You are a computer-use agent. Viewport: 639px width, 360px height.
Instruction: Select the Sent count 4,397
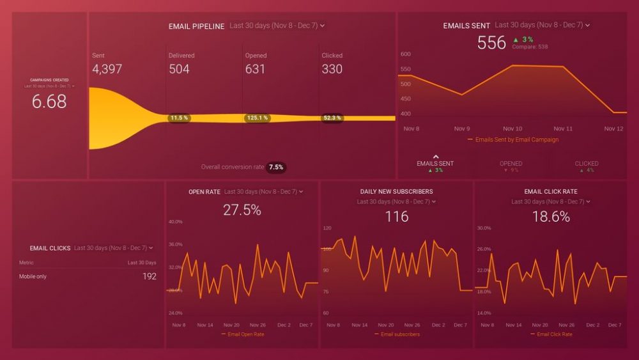[x=107, y=69]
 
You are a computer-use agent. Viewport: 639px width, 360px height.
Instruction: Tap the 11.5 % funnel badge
[x=179, y=118]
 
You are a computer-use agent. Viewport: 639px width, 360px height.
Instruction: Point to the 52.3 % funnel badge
[x=332, y=118]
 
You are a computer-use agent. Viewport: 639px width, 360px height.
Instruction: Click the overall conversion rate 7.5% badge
[x=276, y=168]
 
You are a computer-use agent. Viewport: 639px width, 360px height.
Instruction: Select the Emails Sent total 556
[x=491, y=43]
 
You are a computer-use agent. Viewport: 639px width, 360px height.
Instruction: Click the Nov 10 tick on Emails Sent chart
[x=512, y=129]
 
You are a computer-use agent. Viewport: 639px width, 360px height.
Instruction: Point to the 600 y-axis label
[x=405, y=54]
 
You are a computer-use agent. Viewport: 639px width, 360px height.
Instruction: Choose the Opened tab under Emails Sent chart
[x=511, y=164]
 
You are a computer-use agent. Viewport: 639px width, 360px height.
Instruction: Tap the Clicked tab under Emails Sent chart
[x=586, y=164]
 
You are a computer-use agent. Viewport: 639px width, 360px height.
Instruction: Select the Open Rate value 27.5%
[x=242, y=210]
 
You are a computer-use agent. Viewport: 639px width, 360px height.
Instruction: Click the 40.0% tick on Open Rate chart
[x=175, y=222]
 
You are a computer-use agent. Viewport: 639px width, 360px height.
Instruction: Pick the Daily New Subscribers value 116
[x=396, y=217]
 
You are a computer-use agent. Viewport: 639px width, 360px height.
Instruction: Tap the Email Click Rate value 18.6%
[x=551, y=217]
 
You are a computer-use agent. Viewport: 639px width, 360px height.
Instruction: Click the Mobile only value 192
[x=149, y=277]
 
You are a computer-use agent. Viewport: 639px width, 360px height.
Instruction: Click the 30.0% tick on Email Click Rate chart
[x=484, y=228]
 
